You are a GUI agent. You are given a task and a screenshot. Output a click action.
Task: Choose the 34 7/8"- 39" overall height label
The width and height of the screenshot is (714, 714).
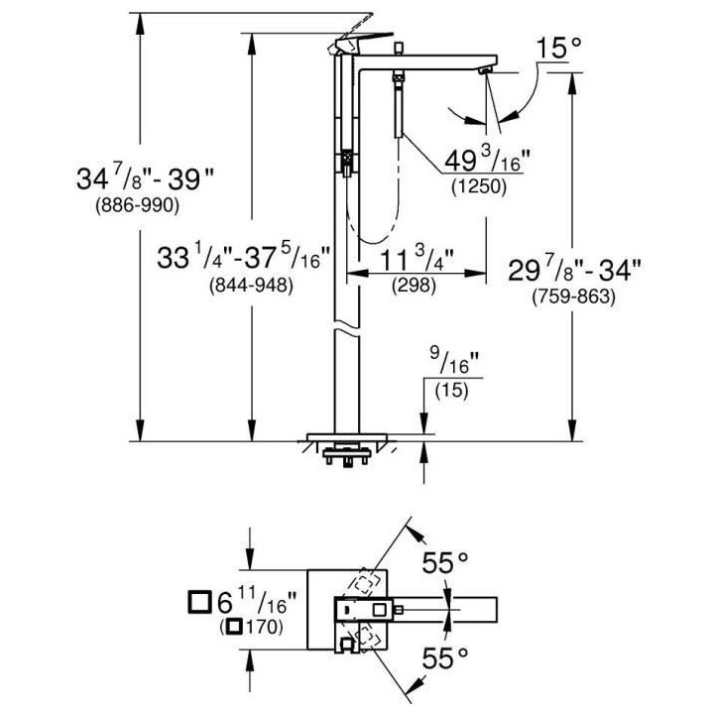click(146, 180)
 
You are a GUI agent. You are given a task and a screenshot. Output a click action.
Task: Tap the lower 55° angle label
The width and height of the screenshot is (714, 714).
click(443, 658)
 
